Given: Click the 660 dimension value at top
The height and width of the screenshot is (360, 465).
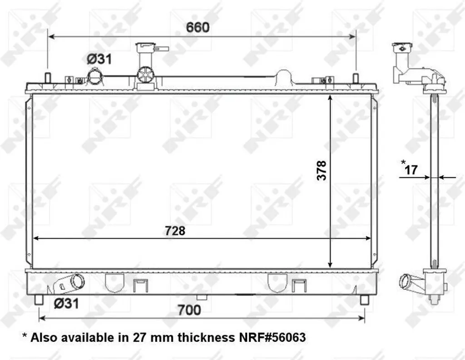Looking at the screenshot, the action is point(198,27).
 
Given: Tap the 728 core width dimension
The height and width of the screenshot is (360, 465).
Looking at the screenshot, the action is point(175,230).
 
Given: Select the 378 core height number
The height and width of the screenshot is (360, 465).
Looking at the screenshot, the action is point(322,170).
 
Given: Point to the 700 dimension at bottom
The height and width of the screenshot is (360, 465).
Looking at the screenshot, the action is point(189,310).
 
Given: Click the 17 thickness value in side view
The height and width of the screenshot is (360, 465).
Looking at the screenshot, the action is point(411,170).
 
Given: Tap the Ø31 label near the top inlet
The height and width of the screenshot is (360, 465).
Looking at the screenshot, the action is point(99,60).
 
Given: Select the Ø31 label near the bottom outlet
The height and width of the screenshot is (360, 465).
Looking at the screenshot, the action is point(66,303).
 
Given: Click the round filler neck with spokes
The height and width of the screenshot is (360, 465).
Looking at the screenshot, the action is point(145,74).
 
